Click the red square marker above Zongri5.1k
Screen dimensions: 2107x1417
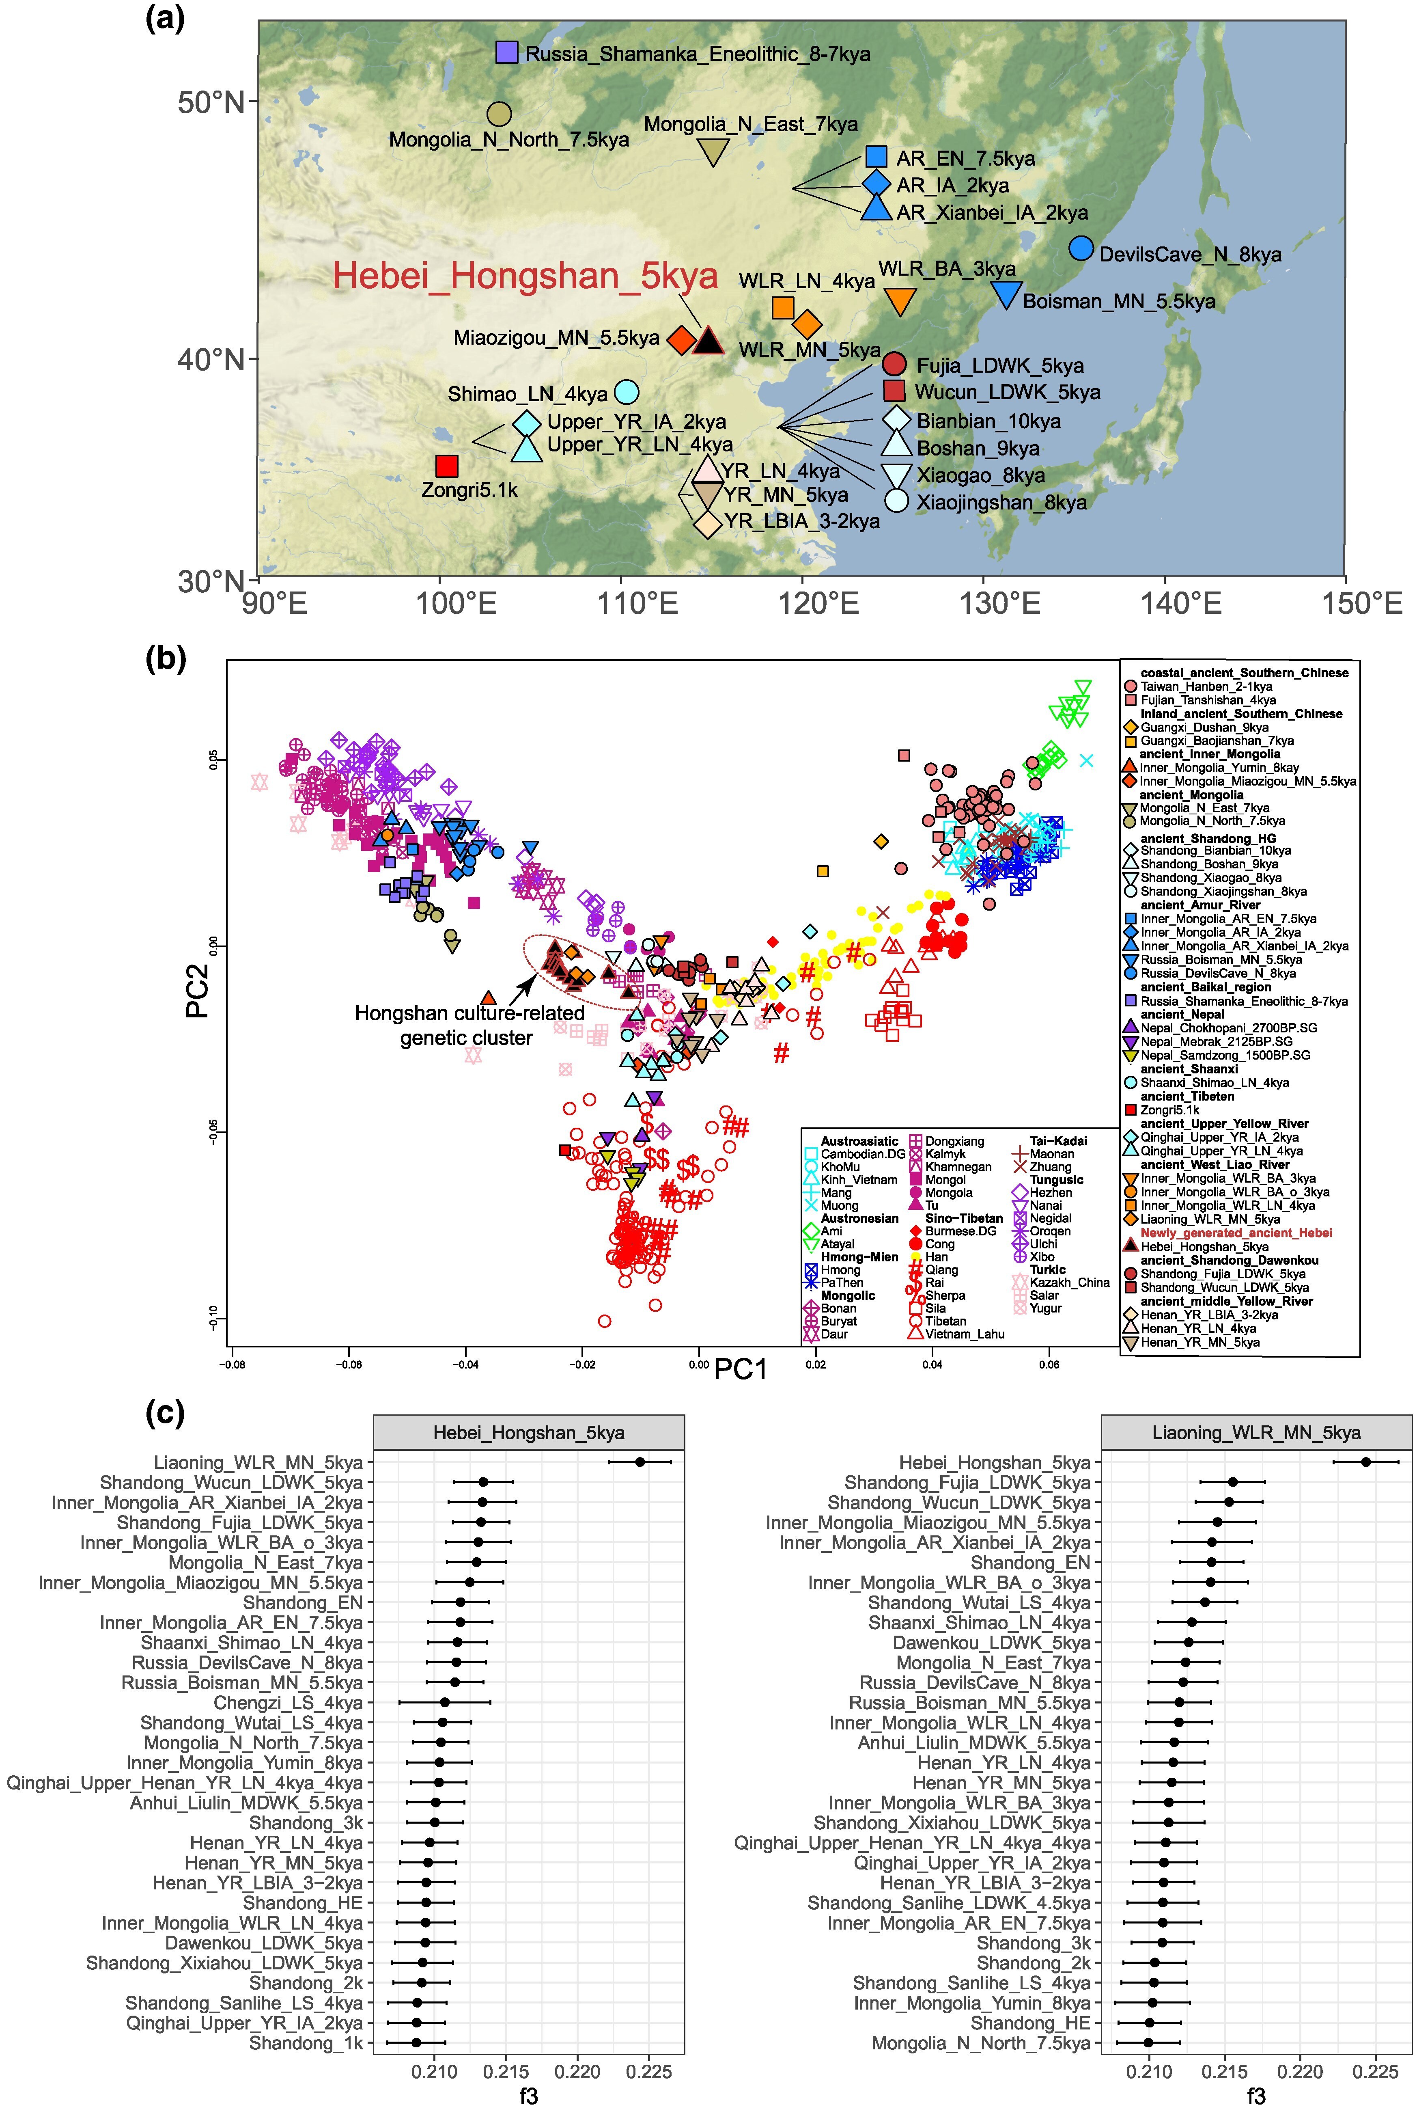click(446, 466)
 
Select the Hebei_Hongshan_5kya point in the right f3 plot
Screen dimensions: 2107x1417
click(1366, 1462)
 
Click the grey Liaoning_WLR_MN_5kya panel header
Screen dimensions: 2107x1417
click(1256, 1433)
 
